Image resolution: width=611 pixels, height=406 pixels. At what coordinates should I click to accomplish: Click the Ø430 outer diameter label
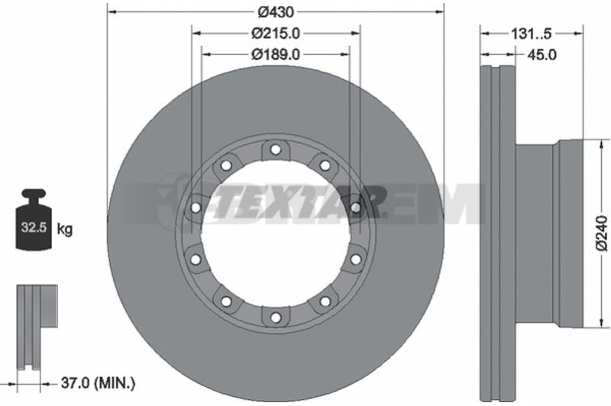[x=276, y=12]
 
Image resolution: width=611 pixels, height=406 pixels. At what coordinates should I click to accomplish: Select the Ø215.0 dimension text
[x=276, y=34]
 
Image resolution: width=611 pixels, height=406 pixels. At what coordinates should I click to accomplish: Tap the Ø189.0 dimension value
[x=276, y=54]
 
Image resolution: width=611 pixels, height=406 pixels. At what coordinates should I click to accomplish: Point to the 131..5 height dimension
[x=532, y=34]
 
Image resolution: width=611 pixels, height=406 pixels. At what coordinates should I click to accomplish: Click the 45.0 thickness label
[x=541, y=54]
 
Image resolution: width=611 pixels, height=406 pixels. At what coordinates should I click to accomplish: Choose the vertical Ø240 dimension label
[x=602, y=234]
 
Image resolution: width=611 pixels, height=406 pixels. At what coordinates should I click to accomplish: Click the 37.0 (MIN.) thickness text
[x=99, y=383]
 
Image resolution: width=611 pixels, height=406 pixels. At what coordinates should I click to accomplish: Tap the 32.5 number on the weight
[x=34, y=227]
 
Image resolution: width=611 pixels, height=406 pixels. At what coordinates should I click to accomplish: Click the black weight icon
[x=34, y=219]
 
